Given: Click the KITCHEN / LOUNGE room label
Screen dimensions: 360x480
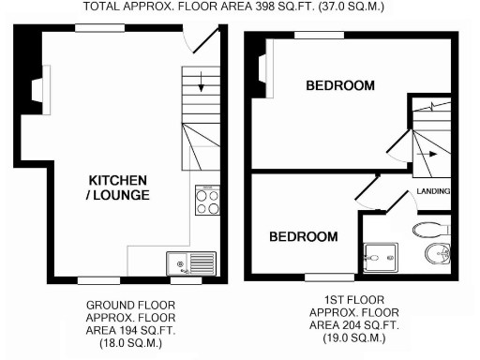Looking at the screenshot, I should coord(118,187).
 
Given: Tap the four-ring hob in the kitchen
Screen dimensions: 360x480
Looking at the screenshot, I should coord(206,202).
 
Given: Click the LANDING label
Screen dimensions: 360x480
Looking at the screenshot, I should coord(433,192).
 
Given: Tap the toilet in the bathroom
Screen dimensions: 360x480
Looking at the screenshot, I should coord(432,227).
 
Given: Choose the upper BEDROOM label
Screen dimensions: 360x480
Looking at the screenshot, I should coord(340,86).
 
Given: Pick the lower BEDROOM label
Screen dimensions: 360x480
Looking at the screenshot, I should coord(303,237).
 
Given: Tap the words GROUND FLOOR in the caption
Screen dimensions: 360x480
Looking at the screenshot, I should coord(130,306).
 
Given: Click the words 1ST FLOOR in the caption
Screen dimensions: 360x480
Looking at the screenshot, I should coord(353,300).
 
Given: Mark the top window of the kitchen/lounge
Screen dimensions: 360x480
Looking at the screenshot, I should coord(95,31).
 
